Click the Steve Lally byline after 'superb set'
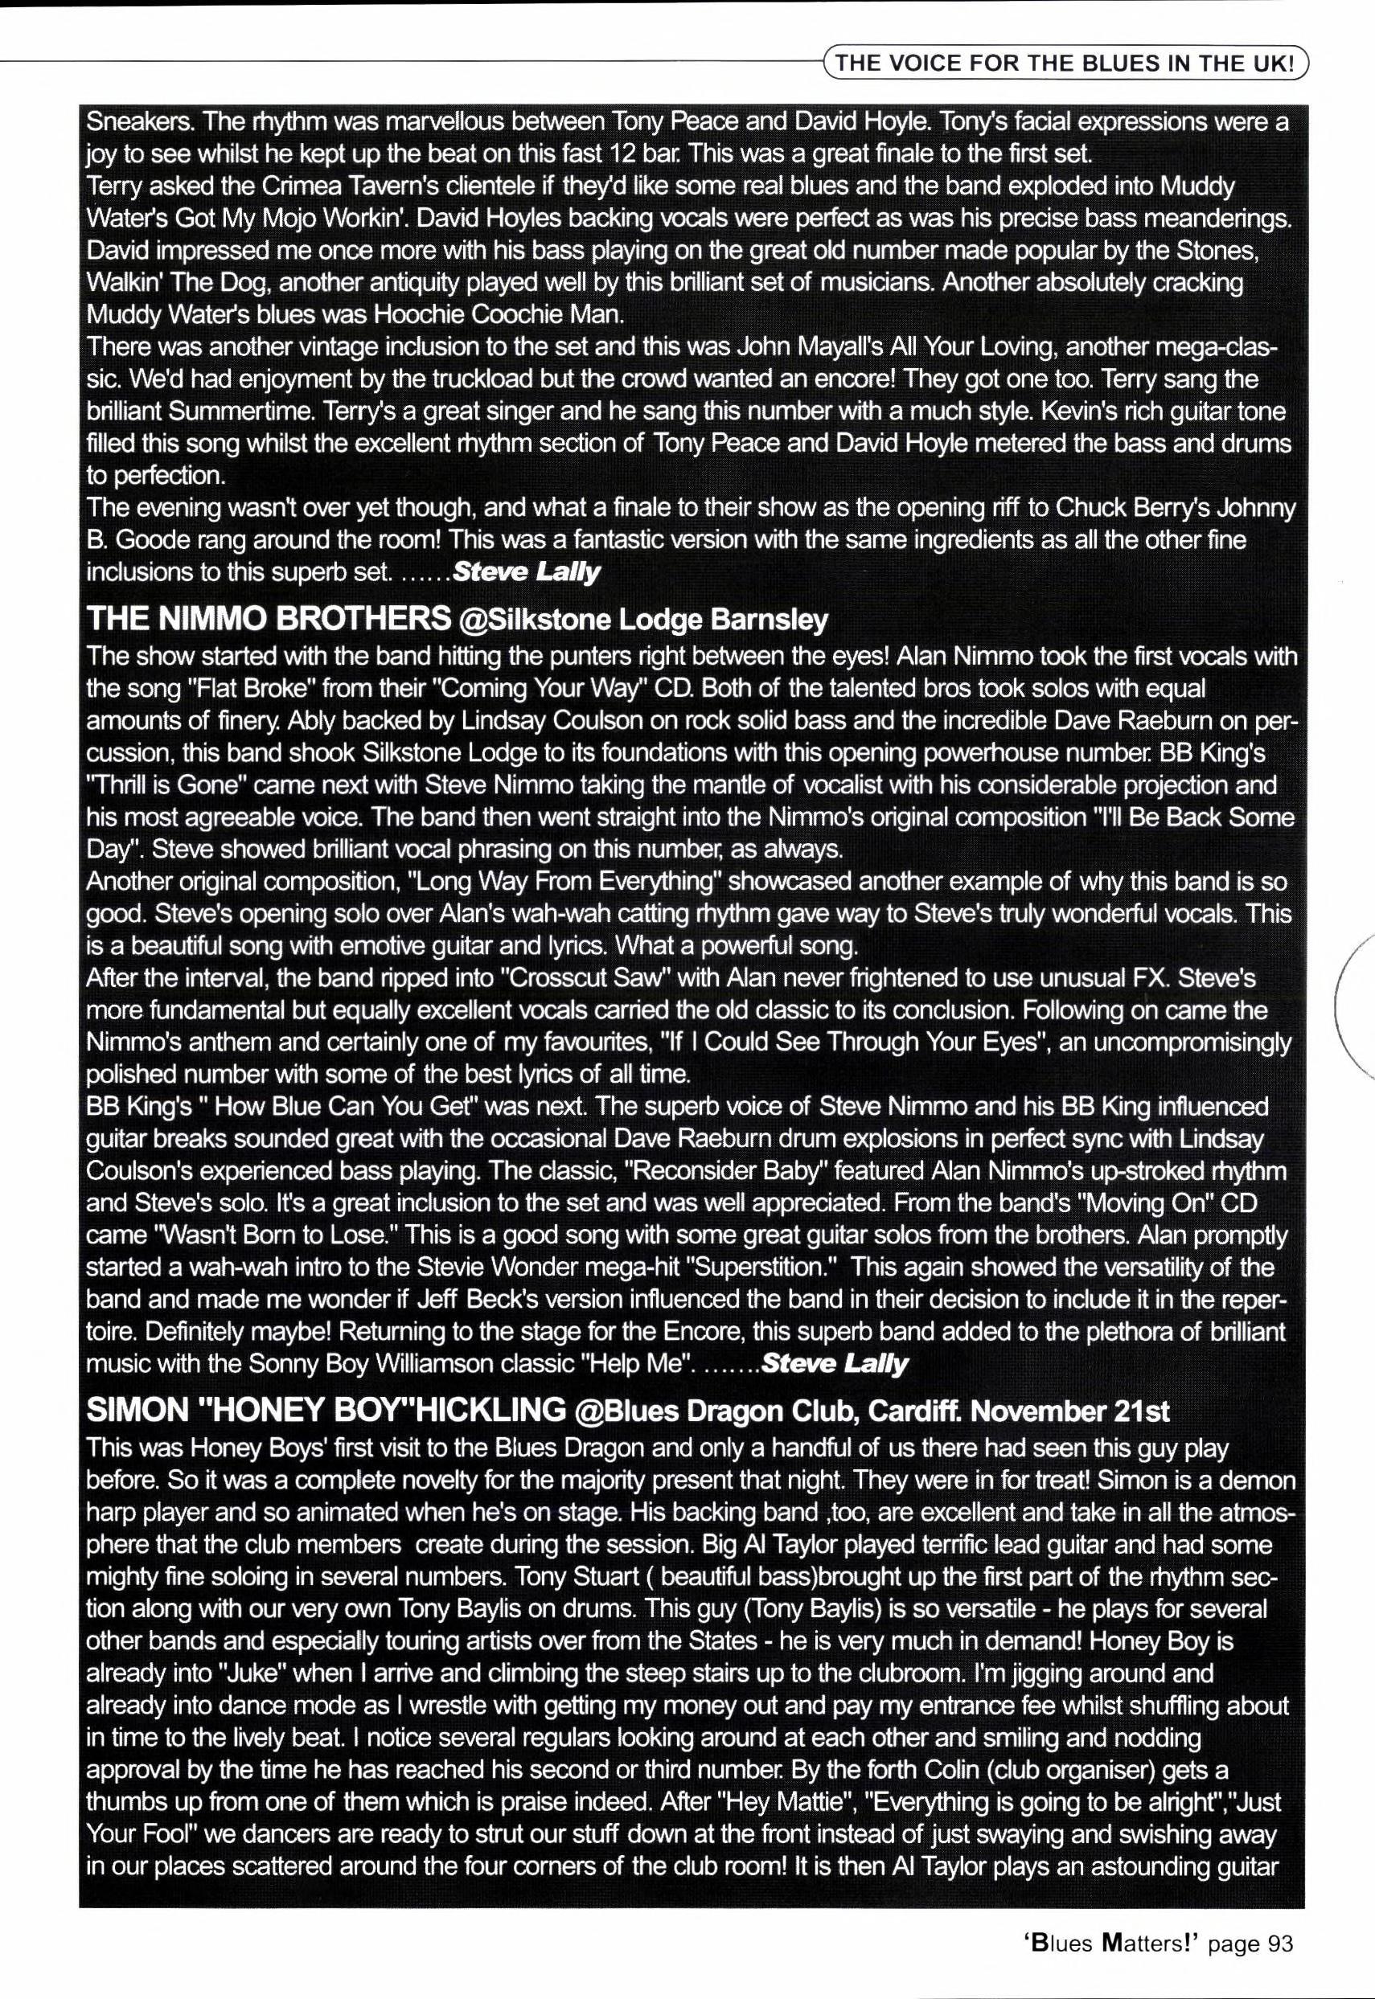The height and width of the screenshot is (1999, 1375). pos(527,571)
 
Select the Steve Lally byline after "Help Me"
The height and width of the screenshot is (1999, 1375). pos(835,1363)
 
